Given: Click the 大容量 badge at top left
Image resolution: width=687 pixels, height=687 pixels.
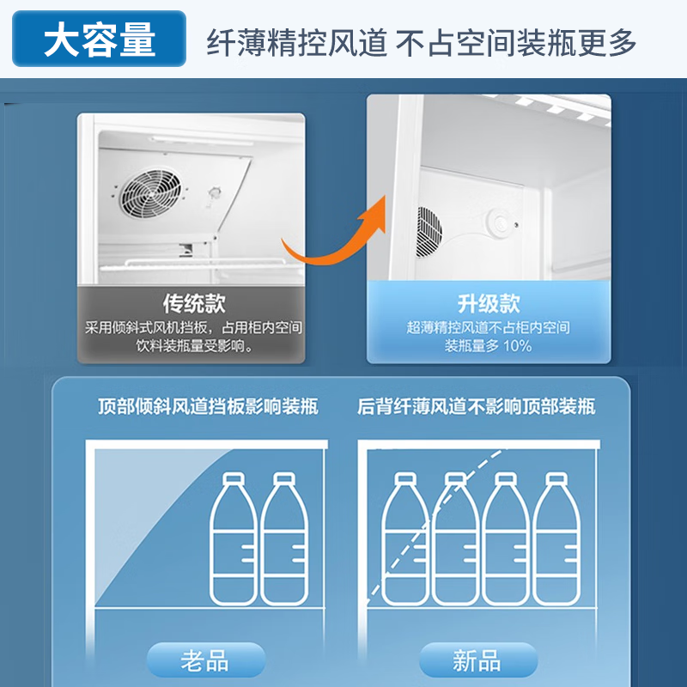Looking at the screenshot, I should [100, 40].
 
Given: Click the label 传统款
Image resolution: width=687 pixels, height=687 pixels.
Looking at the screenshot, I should [194, 303].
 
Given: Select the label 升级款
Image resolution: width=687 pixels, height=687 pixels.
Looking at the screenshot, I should [488, 303].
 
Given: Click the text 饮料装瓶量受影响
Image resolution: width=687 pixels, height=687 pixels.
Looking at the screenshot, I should [194, 347].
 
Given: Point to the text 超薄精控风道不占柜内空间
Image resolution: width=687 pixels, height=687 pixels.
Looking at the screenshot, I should [488, 327].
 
